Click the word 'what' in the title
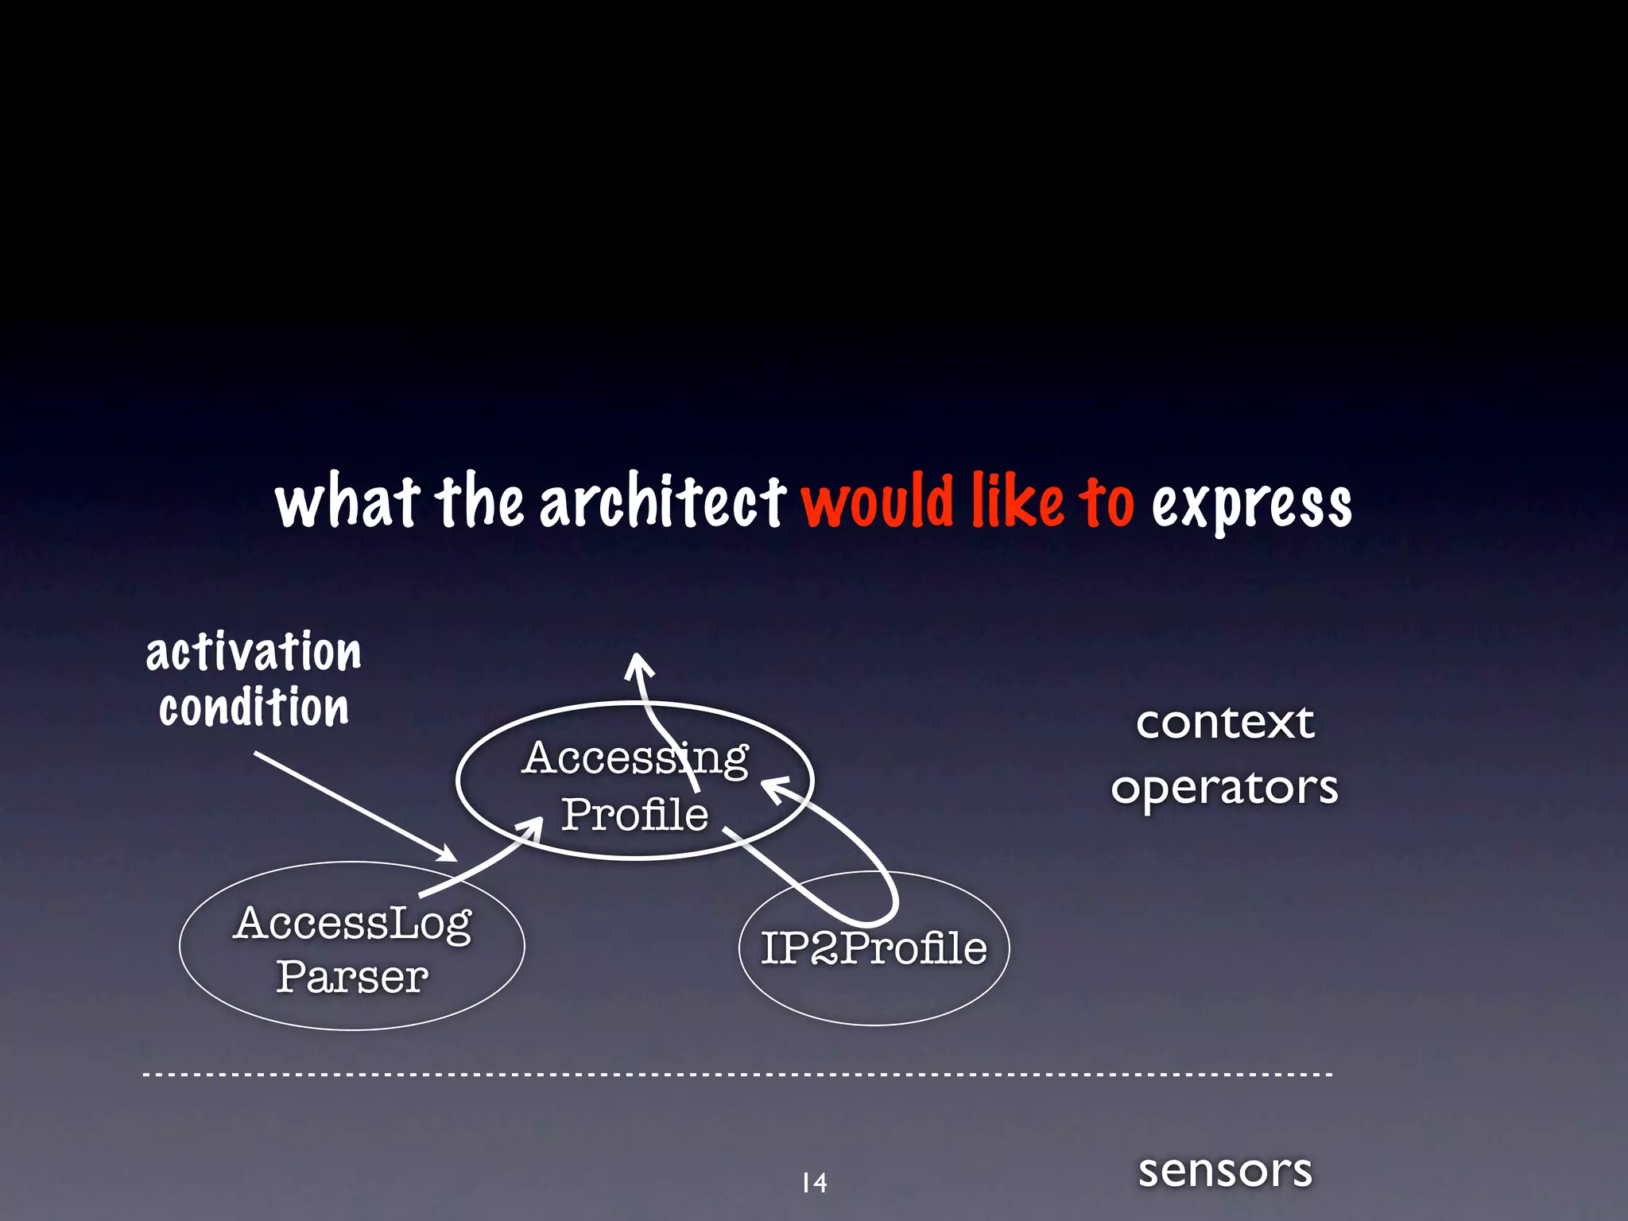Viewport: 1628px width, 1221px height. pos(347,502)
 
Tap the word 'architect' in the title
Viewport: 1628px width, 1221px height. pos(663,502)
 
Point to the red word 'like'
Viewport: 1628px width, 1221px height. pos(1018,502)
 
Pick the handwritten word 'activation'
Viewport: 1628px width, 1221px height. pos(254,653)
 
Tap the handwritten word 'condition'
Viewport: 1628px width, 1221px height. pos(254,707)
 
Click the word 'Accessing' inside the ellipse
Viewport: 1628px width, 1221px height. pos(634,758)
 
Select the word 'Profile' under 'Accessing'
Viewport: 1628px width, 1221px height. pos(634,814)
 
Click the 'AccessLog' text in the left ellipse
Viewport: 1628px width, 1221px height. pos(352,924)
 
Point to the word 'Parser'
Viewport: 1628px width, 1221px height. pos(352,977)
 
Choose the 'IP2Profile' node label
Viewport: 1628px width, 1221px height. pos(874,948)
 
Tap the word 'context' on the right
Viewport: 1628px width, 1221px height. pos(1225,723)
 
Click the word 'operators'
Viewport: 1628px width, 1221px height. pos(1224,789)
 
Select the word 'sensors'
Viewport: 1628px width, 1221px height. pos(1225,1171)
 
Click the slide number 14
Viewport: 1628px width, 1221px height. pos(814,1183)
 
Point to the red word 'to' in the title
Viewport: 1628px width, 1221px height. pos(1106,502)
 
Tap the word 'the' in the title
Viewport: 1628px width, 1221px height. pos(479,502)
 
